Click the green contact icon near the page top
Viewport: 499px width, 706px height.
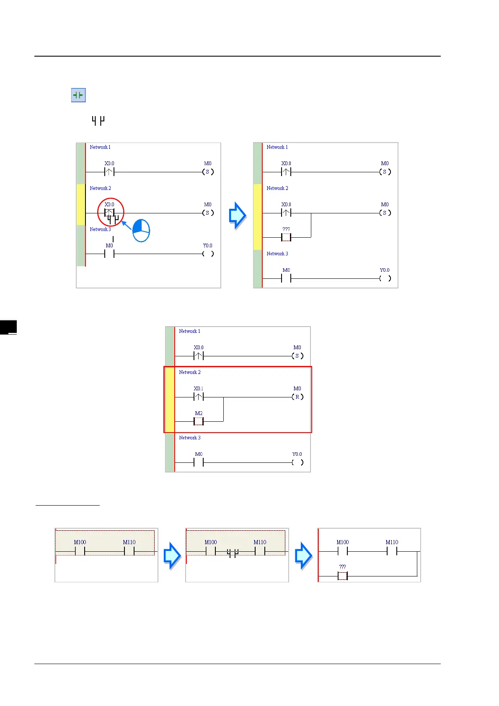click(78, 96)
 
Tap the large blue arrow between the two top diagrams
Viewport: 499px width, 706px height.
click(238, 215)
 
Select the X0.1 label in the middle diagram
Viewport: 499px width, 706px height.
click(199, 389)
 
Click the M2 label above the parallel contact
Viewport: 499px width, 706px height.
click(199, 413)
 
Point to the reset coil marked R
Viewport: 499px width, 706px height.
click(297, 397)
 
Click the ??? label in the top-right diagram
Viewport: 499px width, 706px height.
click(286, 229)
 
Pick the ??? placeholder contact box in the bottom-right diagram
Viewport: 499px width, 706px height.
click(342, 576)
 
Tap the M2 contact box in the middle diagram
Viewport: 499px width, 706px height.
click(199, 421)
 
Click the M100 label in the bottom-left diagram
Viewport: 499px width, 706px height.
click(80, 542)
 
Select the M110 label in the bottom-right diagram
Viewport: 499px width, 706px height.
click(392, 542)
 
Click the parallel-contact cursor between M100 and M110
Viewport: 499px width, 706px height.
click(233, 553)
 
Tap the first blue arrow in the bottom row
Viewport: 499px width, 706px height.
click(172, 555)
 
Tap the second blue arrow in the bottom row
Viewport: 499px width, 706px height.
click(303, 555)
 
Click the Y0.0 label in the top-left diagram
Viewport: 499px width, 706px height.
click(207, 246)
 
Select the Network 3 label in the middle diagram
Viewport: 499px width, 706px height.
click(190, 438)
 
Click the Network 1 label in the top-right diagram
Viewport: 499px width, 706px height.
click(277, 147)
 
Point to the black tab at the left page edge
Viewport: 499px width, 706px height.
click(8, 327)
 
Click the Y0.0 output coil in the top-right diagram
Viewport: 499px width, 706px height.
click(385, 278)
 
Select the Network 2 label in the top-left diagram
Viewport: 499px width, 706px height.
click(101, 188)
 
